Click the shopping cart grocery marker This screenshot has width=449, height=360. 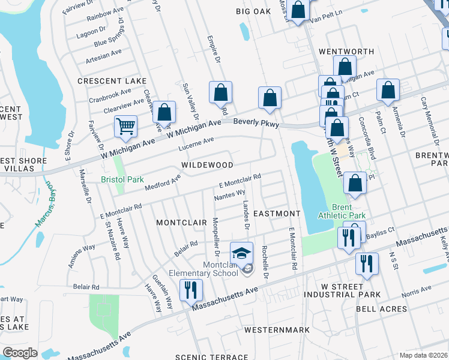(126, 126)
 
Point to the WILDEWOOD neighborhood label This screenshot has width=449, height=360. (207, 164)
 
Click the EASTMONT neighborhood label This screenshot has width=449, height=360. (276, 214)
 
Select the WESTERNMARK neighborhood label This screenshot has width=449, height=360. (277, 330)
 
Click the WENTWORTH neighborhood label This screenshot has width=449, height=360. (342, 52)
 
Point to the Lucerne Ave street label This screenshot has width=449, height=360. (197, 143)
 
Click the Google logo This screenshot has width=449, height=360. (20, 353)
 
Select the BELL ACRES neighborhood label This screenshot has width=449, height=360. (382, 309)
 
